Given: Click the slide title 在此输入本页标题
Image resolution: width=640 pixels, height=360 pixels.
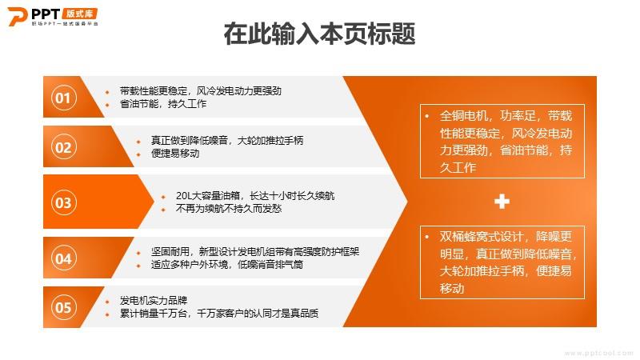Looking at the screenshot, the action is pyautogui.click(x=319, y=34).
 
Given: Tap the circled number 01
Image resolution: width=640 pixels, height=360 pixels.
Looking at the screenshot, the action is pyautogui.click(x=64, y=98).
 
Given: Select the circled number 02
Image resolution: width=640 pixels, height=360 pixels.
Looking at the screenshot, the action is pyautogui.click(x=64, y=147).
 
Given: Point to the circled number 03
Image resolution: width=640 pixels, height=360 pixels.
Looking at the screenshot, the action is pyautogui.click(x=64, y=202).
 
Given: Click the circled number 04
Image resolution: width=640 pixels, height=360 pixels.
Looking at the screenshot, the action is pyautogui.click(x=64, y=258).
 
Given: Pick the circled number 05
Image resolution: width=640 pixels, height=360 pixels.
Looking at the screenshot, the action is pyautogui.click(x=64, y=307).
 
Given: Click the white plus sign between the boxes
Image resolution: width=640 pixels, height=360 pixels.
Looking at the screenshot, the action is pyautogui.click(x=502, y=202).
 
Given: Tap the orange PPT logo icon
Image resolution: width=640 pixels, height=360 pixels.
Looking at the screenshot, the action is pyautogui.click(x=18, y=16).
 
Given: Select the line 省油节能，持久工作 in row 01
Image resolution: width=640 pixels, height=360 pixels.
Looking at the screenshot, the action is pyautogui.click(x=163, y=104).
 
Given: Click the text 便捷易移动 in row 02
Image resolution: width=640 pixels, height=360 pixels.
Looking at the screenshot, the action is pyautogui.click(x=175, y=154).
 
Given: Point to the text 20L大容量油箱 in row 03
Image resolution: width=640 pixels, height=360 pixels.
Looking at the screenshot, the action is pyautogui.click(x=208, y=196).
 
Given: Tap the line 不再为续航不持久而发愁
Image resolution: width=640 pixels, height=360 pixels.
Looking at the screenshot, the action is pyautogui.click(x=229, y=209).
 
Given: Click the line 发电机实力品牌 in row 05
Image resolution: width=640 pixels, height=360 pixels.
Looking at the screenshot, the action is pyautogui.click(x=154, y=301).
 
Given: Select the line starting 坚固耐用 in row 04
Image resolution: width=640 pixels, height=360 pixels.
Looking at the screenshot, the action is pyautogui.click(x=255, y=251).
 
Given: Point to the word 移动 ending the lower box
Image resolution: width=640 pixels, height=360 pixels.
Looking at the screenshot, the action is pyautogui.click(x=452, y=289).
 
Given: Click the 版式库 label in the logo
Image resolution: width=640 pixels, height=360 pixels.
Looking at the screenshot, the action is pyautogui.click(x=80, y=14).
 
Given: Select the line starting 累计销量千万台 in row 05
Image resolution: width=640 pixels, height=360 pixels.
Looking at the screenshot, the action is pyautogui.click(x=219, y=314).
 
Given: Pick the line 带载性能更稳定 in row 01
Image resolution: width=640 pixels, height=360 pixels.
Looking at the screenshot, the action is pyautogui.click(x=154, y=91).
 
